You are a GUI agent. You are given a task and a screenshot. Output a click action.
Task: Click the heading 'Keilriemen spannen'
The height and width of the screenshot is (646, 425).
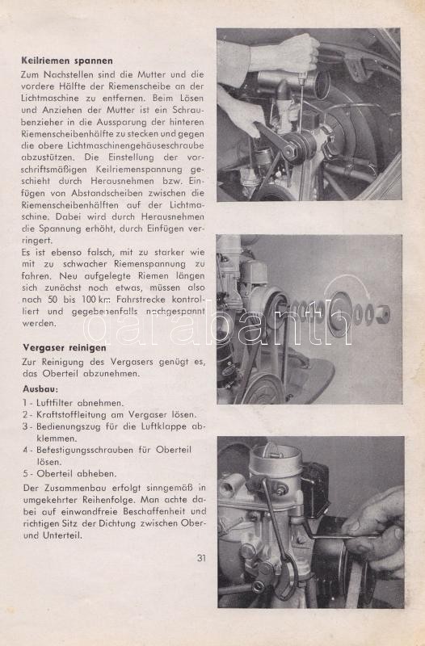pyautogui.click(x=67, y=61)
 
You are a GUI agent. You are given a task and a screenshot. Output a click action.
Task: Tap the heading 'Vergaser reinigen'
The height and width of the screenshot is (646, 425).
pyautogui.click(x=65, y=348)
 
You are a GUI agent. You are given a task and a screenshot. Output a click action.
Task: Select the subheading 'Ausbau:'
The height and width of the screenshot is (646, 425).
pyautogui.click(x=40, y=389)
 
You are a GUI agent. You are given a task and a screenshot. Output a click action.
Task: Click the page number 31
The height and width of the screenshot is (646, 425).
pyautogui.click(x=201, y=558)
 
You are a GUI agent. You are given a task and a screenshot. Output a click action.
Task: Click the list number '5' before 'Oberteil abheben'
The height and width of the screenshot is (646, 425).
pyautogui.click(x=25, y=474)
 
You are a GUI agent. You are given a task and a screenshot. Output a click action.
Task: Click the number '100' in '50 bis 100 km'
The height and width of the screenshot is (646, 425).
pyautogui.click(x=90, y=299)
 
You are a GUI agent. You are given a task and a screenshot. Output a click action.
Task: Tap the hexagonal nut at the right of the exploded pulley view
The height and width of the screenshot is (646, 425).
pyautogui.click(x=383, y=314)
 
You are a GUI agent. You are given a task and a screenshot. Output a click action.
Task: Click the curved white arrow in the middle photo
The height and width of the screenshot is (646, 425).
pyautogui.click(x=347, y=283)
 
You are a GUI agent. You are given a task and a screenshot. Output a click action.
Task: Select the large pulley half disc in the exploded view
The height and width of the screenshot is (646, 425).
pyautogui.click(x=341, y=315)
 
